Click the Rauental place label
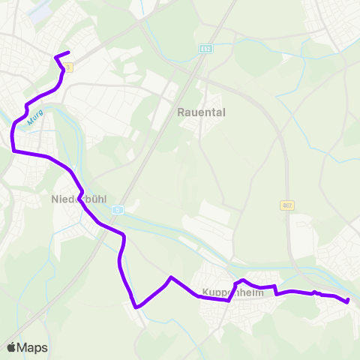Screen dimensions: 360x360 pyautogui.click(x=201, y=112)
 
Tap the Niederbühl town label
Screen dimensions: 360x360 pyautogui.click(x=79, y=199)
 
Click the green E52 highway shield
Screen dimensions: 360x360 pyautogui.click(x=205, y=48)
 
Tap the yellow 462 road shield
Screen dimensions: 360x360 pyautogui.click(x=287, y=205)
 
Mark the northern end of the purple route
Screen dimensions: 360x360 pyautogui.click(x=68, y=52)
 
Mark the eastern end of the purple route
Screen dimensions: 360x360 pyautogui.click(x=348, y=301)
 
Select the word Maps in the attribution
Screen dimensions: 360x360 pyautogui.click(x=32, y=347)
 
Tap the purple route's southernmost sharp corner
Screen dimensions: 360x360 pyautogui.click(x=136, y=307)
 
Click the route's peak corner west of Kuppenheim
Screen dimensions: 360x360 pyautogui.click(x=172, y=277)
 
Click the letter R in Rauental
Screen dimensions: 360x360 pyautogui.click(x=181, y=112)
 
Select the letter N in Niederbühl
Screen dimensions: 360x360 pyautogui.click(x=55, y=199)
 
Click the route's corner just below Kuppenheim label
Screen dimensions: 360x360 pyautogui.click(x=228, y=300)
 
